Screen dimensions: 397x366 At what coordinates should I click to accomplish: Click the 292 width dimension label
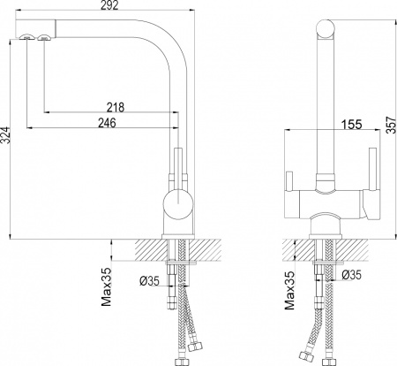tap(109, 5)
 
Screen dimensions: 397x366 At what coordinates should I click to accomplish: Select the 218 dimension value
tap(116, 107)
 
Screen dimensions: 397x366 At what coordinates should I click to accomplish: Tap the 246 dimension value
tap(107, 123)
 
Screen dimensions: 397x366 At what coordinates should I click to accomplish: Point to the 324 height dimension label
tap(5, 135)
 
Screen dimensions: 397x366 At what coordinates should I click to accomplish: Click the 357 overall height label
tap(391, 126)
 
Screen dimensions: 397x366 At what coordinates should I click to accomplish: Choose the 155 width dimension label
tap(352, 125)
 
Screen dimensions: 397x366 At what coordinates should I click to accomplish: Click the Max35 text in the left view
tap(106, 286)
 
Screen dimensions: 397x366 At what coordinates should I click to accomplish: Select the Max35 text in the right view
tap(289, 290)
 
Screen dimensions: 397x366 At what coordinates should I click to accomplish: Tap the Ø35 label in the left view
tap(149, 281)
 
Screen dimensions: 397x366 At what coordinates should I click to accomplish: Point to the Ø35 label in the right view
tap(351, 275)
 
